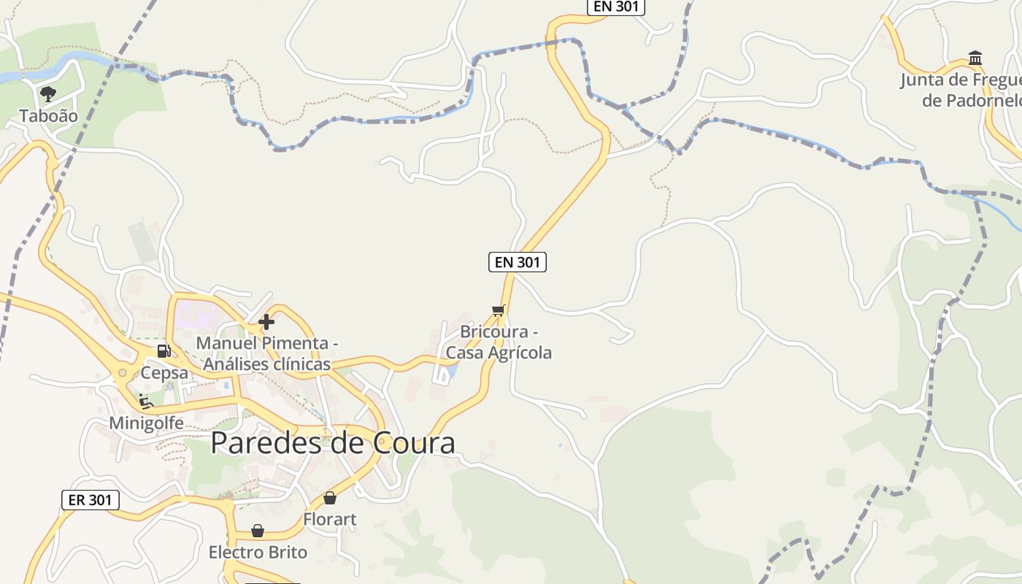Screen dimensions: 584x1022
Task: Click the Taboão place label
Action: click(48, 115)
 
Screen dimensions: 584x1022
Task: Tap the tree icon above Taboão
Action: click(48, 93)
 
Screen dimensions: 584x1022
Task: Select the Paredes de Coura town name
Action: click(333, 443)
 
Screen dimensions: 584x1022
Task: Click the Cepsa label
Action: click(165, 373)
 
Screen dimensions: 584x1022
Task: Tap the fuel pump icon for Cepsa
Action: click(164, 351)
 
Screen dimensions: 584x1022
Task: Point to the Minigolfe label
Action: click(146, 423)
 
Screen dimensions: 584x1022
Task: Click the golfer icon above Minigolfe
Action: click(145, 401)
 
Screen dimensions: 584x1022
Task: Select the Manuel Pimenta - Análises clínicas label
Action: click(267, 353)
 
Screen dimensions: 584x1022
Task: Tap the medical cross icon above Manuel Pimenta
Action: click(266, 321)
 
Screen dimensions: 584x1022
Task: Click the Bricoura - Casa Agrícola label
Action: click(499, 342)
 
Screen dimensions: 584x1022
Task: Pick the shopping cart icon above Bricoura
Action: click(499, 310)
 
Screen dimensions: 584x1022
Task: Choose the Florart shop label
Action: click(330, 520)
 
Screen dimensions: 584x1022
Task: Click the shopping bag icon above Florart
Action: click(330, 498)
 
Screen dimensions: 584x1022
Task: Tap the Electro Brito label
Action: click(258, 552)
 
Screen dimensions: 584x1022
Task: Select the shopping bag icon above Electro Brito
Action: click(258, 531)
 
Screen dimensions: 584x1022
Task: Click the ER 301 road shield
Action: click(90, 500)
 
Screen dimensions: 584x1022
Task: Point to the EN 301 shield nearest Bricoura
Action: click(517, 262)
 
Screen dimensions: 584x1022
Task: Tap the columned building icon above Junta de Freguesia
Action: click(975, 58)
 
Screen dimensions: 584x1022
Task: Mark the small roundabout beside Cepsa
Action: click(123, 373)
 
